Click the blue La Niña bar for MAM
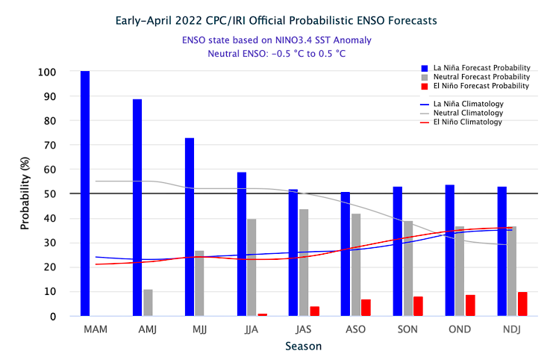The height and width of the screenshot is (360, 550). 85,193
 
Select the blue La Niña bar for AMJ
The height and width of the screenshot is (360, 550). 137,208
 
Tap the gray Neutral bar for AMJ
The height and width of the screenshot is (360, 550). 148,302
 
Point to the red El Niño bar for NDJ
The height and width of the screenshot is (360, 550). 522,304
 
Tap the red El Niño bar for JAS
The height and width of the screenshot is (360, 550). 314,311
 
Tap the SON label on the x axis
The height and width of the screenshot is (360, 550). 407,329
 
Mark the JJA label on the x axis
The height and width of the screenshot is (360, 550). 251,329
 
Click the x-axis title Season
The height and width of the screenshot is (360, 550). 303,347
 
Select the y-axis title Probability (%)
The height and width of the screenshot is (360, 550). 25,194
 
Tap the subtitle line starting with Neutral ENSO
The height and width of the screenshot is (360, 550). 276,53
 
